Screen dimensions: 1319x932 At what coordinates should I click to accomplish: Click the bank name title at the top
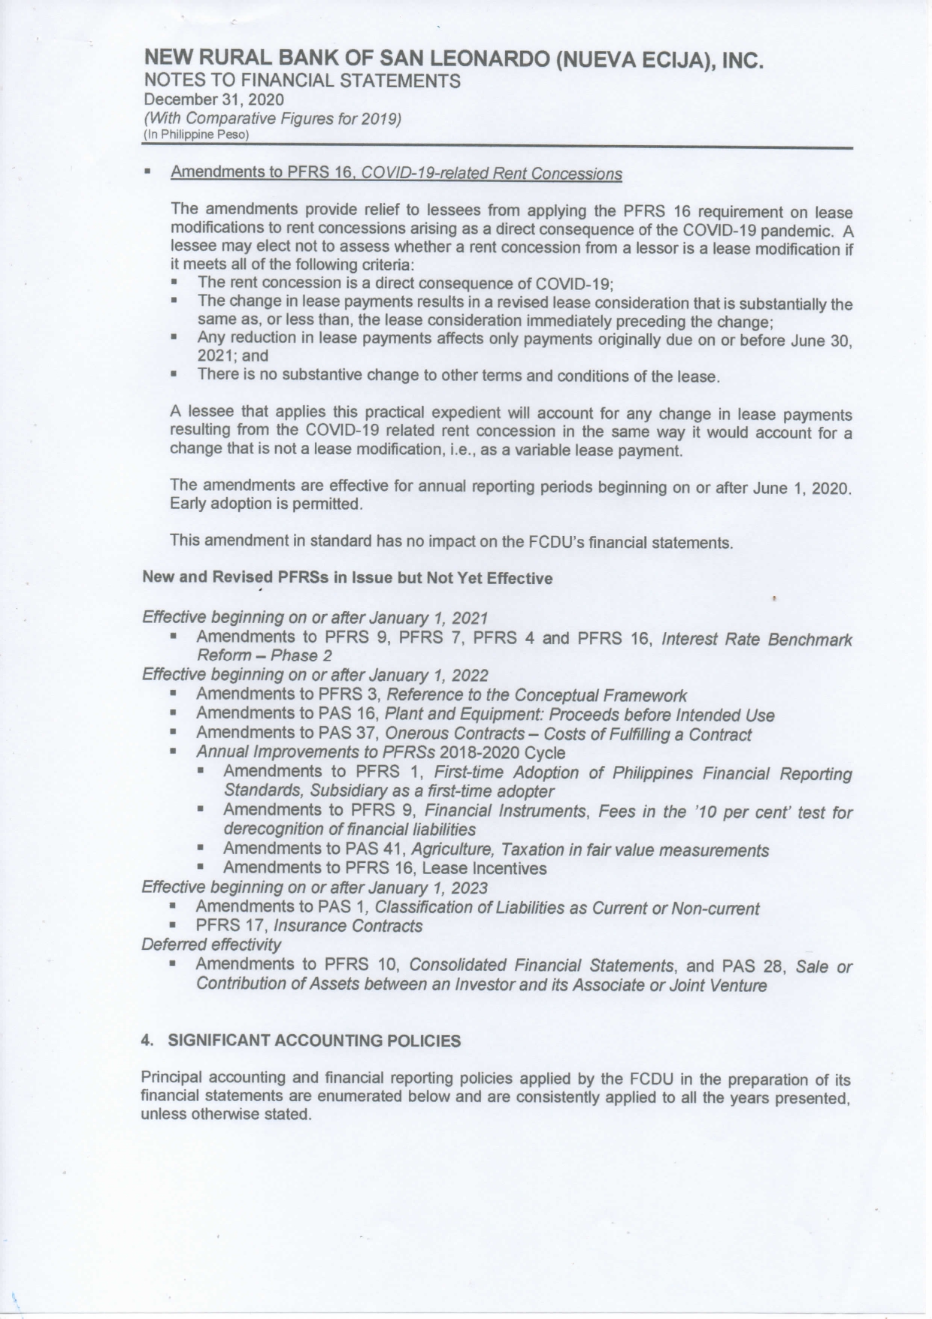tap(454, 59)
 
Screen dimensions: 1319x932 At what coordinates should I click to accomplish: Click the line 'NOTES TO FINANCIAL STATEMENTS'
tap(302, 80)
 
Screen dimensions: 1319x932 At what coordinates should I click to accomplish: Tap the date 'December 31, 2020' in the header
tap(214, 99)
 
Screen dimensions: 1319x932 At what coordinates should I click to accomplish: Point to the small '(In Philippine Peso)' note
tap(195, 135)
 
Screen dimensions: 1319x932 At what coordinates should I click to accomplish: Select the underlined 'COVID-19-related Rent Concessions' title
tap(492, 174)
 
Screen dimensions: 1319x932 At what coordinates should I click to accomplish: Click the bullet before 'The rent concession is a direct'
tap(175, 283)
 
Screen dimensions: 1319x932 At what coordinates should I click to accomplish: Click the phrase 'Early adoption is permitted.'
tap(267, 504)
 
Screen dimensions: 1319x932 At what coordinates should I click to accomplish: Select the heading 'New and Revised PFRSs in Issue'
tap(346, 578)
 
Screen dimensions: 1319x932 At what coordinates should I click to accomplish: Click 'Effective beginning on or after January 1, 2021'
tap(315, 618)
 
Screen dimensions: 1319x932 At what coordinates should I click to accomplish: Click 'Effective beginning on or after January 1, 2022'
tap(315, 675)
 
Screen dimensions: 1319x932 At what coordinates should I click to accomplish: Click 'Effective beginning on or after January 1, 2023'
tap(315, 888)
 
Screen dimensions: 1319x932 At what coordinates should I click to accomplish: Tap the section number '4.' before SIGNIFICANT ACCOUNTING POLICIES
tap(148, 1041)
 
